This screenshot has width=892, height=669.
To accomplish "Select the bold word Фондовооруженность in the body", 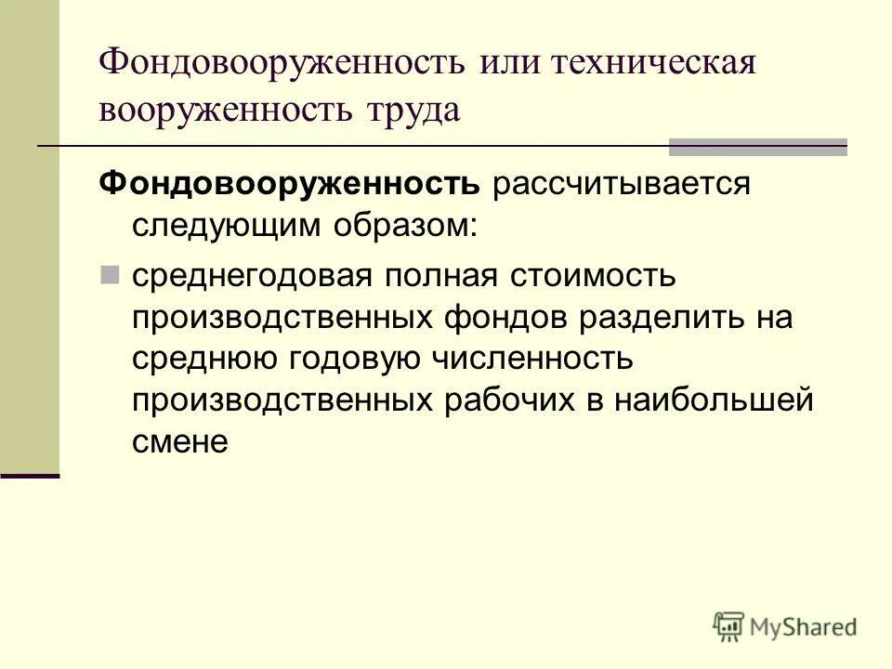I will point(290,184).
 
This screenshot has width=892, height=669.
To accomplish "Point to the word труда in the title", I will point(412,110).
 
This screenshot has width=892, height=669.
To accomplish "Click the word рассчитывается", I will point(621,184).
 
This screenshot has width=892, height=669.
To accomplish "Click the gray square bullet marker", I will point(110,275).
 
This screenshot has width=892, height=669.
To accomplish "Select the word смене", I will point(179,443).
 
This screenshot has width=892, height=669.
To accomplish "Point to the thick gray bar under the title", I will point(758,147).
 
